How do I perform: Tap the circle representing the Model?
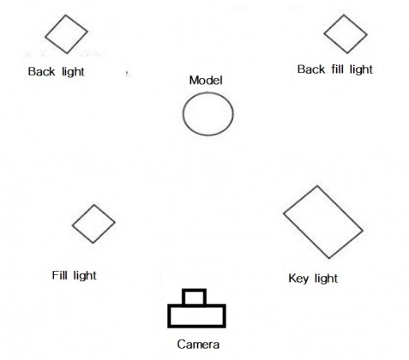(x=183, y=114)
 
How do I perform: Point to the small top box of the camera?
(x=194, y=291)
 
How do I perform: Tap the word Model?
(x=206, y=81)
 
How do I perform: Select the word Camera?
(x=198, y=345)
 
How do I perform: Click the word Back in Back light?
(x=41, y=71)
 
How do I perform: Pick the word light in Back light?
(x=73, y=72)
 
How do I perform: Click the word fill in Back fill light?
(x=337, y=69)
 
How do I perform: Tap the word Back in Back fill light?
(x=311, y=69)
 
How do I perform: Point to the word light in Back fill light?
(x=362, y=69)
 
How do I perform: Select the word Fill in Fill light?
(x=59, y=275)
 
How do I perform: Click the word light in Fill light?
(x=85, y=276)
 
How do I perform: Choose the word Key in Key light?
(x=298, y=279)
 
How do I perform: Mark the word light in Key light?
(x=326, y=279)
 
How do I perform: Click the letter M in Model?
(x=194, y=81)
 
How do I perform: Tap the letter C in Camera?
(x=182, y=345)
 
